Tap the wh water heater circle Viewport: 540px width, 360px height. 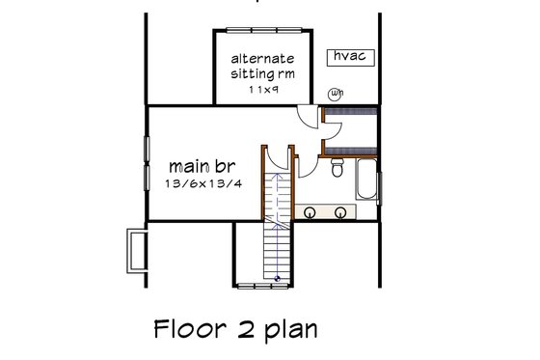tap(336, 94)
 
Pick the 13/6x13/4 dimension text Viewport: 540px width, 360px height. tap(195, 183)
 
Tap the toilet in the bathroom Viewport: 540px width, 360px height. tap(336, 170)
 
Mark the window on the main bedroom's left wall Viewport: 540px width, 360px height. tap(148, 158)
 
